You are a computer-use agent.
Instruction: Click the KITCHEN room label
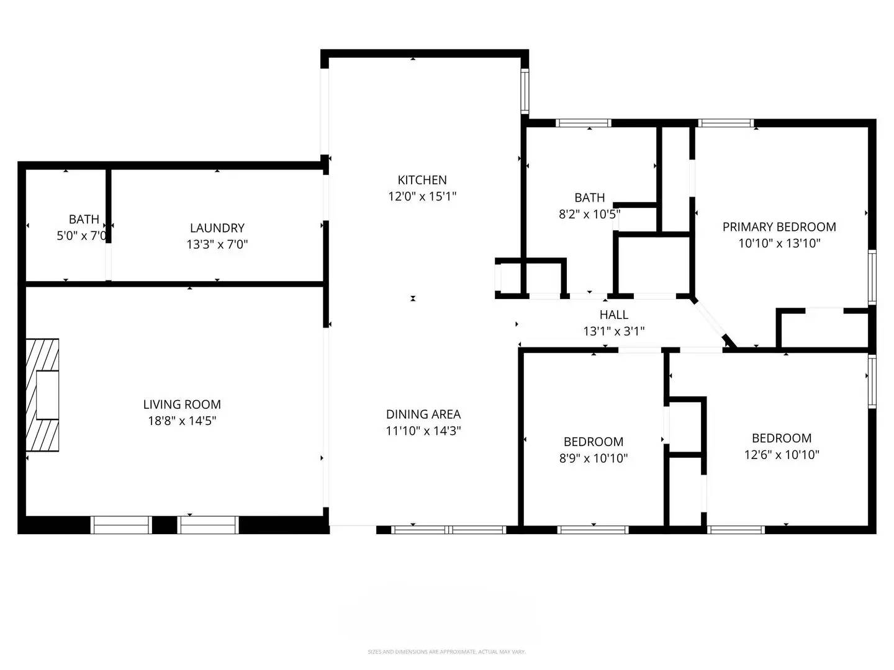[x=422, y=180]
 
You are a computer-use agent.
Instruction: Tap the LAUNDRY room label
[x=217, y=228]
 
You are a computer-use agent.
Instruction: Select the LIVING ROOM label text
[x=182, y=404]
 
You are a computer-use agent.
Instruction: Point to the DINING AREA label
[x=423, y=414]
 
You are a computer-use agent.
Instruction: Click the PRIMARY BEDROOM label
[x=779, y=227]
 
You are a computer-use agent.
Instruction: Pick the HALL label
[x=613, y=315]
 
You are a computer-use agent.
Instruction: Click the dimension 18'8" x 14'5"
[x=182, y=421]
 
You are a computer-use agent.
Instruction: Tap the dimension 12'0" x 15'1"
[x=422, y=196]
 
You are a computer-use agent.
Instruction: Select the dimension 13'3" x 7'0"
[x=217, y=244]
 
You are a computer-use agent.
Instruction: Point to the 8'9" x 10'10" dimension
[x=594, y=458]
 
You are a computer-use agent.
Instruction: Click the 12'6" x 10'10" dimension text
[x=782, y=454]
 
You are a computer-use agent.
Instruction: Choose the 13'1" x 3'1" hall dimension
[x=613, y=331]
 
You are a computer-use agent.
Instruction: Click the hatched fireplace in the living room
[x=42, y=395]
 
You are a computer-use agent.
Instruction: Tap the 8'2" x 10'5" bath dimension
[x=589, y=214]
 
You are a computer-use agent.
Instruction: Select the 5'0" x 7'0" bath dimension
[x=82, y=236]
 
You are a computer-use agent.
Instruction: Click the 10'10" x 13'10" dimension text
[x=779, y=243]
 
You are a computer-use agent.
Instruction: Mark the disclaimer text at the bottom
[x=446, y=652]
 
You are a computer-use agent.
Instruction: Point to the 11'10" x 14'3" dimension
[x=423, y=431]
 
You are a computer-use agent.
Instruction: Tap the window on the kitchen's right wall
[x=525, y=91]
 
